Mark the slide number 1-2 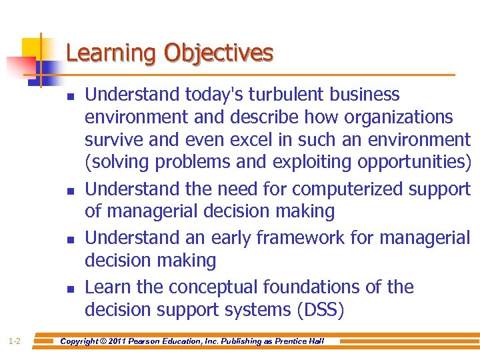point(14,342)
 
